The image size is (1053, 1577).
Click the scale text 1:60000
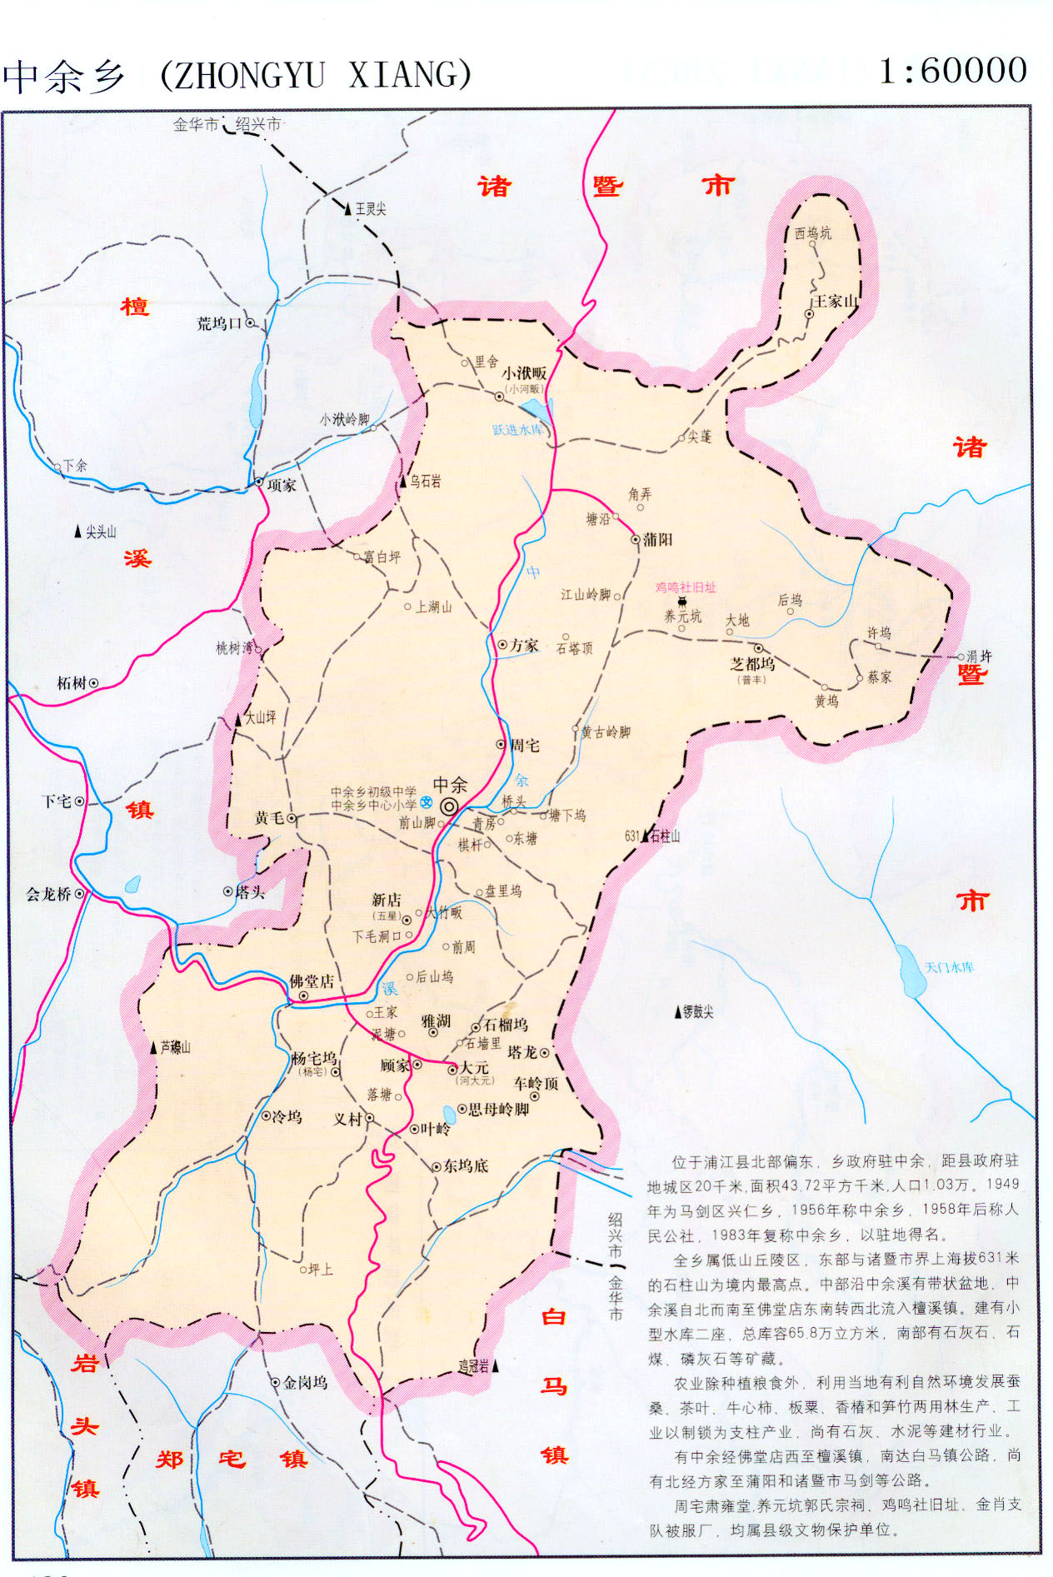point(953,71)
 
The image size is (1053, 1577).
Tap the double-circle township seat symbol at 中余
point(449,806)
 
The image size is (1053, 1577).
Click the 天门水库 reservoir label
point(949,967)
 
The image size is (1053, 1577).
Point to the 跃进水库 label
point(517,430)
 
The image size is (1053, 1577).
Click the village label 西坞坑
point(812,233)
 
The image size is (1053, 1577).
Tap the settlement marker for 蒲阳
point(636,540)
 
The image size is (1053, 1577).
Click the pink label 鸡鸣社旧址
point(685,587)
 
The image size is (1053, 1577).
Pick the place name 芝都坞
point(752,664)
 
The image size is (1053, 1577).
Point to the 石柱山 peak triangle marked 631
point(646,836)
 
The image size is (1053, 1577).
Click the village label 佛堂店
point(312,981)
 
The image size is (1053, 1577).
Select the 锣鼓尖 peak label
point(698,1012)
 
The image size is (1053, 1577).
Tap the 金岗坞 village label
point(305,1383)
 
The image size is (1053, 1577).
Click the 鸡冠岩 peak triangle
point(496,1366)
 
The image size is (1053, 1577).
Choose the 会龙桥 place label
point(48,894)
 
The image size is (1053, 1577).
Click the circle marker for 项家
point(259,482)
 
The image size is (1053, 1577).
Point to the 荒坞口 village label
point(219,323)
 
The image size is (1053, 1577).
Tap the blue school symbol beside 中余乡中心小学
point(427,802)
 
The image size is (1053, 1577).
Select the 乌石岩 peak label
point(425,482)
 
